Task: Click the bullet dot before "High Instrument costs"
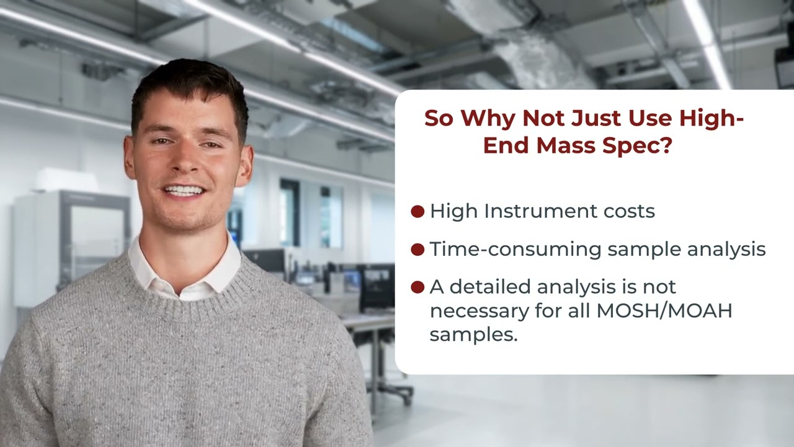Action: pos(417,211)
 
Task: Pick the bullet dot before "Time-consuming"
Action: pos(417,249)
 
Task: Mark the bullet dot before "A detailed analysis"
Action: pos(417,287)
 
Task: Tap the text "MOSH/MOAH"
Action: pos(664,310)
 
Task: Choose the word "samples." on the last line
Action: pos(473,335)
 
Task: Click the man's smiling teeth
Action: pos(184,190)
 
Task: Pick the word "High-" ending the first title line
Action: pos(711,118)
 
